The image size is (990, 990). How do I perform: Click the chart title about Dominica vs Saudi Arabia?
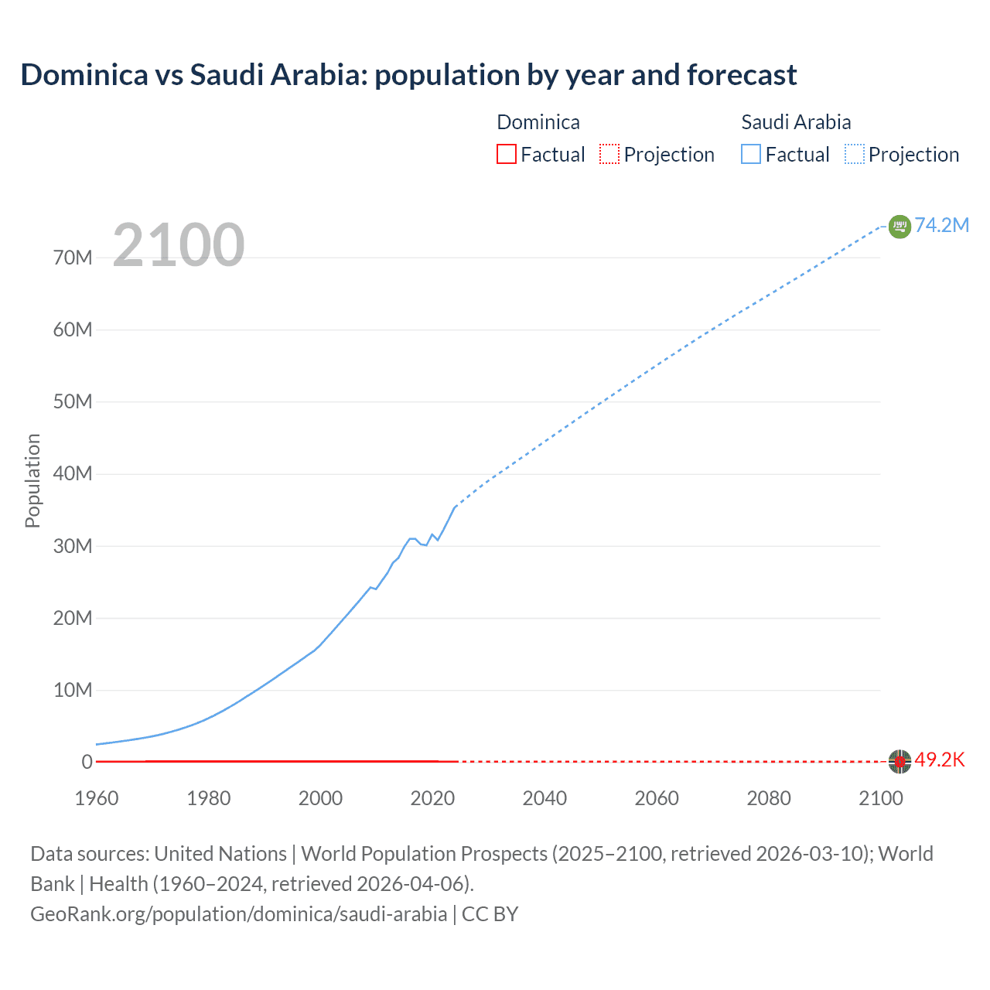click(408, 75)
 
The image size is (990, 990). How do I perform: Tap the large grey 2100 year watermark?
click(179, 245)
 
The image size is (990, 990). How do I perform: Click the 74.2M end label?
click(941, 225)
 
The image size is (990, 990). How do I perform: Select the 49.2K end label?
click(940, 760)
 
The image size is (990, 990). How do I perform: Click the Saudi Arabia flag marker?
click(899, 226)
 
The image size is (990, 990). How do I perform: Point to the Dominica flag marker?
click(899, 761)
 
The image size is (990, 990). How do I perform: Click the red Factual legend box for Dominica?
click(506, 154)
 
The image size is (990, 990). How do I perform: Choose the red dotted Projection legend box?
click(609, 154)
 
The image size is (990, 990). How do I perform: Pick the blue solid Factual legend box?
click(750, 154)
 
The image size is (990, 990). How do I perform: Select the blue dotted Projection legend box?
click(854, 154)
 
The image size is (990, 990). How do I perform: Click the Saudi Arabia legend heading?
click(796, 122)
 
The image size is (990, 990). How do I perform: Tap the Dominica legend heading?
click(538, 122)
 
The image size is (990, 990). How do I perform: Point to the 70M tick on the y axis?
click(73, 258)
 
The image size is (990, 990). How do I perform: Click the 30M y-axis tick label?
click(73, 546)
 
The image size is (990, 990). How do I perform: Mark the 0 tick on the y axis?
click(87, 762)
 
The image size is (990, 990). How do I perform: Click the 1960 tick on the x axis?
click(97, 798)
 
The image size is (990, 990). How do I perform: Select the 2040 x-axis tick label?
click(544, 798)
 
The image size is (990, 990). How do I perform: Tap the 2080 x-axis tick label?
click(769, 798)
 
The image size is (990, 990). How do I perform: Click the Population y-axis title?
click(32, 480)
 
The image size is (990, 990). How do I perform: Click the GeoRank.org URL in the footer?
click(238, 914)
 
